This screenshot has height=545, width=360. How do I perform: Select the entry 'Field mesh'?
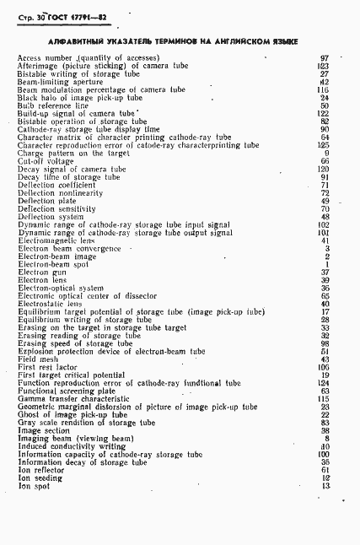[x=35, y=359]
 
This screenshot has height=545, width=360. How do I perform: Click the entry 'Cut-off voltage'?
[x=40, y=162]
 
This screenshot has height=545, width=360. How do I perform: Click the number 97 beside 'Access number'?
[x=325, y=58]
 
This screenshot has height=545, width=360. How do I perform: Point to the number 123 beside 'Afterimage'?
[x=323, y=66]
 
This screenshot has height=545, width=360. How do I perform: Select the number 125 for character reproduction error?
[x=323, y=145]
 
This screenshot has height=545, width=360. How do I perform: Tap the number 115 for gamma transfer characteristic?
[x=323, y=399]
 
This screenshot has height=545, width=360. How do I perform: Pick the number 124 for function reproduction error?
[x=323, y=383]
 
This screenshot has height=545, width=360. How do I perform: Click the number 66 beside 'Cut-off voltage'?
[x=325, y=162]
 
